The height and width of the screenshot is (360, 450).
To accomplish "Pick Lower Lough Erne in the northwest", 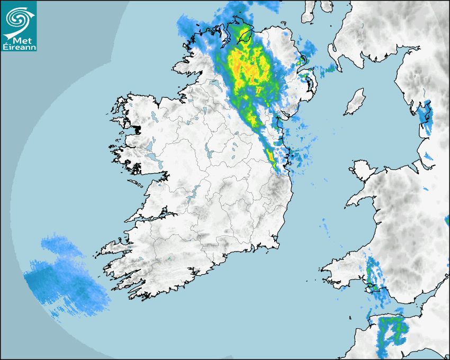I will [214, 84].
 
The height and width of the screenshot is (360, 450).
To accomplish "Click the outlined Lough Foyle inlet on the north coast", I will [245, 36].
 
